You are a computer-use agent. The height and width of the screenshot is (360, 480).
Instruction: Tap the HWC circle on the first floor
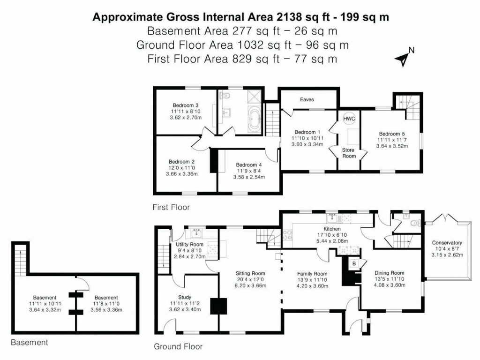pyautogui.click(x=349, y=119)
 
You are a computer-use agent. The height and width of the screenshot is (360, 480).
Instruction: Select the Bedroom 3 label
pyautogui.click(x=185, y=105)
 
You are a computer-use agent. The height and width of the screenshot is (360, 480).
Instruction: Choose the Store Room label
pyautogui.click(x=349, y=153)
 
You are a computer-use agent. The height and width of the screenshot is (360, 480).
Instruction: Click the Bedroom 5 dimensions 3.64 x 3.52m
pyautogui.click(x=392, y=146)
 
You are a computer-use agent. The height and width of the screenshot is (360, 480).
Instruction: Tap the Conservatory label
pyautogui.click(x=447, y=243)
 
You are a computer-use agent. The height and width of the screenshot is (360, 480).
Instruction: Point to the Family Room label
pyautogui.click(x=312, y=274)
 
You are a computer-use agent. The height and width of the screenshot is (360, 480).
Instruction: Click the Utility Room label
pyautogui.click(x=189, y=245)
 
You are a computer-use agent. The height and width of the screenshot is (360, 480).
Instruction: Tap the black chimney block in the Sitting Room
pyautogui.click(x=218, y=306)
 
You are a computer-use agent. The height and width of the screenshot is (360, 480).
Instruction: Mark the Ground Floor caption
pyautogui.click(x=178, y=347)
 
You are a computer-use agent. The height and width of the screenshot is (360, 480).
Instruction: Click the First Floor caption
pyautogui.click(x=171, y=207)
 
